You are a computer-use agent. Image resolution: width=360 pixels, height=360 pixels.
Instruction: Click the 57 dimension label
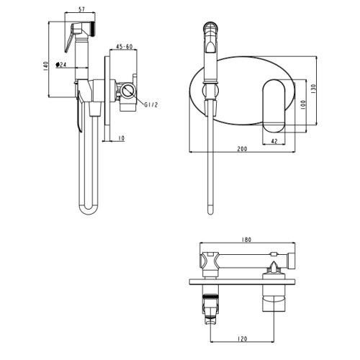[82, 9]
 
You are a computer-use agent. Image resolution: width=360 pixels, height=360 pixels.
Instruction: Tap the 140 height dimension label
[45, 66]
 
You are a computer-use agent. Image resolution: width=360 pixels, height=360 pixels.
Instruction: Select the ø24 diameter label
[60, 65]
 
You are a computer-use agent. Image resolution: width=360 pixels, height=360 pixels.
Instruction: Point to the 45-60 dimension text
[125, 46]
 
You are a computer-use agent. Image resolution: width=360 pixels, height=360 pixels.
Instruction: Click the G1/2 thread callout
[151, 104]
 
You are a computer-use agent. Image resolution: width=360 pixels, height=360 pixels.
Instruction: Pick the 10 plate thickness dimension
[122, 138]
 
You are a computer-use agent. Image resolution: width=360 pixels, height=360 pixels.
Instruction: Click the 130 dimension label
[313, 89]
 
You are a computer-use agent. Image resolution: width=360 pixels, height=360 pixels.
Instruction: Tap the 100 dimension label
[303, 105]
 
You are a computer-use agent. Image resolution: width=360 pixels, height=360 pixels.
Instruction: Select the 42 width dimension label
[274, 141]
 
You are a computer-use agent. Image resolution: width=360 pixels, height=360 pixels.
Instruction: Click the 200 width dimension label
[242, 149]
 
